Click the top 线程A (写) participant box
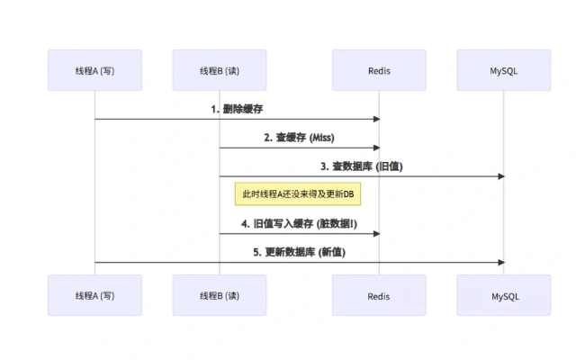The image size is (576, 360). click(x=94, y=69)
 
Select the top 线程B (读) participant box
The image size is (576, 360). click(x=220, y=69)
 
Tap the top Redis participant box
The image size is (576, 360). click(x=379, y=69)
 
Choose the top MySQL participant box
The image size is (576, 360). click(x=504, y=69)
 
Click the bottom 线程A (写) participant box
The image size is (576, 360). click(x=94, y=295)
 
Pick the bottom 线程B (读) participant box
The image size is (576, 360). click(x=220, y=295)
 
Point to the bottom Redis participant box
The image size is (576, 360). click(x=379, y=295)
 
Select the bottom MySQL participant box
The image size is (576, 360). click(x=504, y=295)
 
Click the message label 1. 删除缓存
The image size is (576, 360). click(x=237, y=109)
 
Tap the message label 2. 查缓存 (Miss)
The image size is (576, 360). click(x=298, y=138)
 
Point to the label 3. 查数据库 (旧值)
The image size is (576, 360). click(x=362, y=166)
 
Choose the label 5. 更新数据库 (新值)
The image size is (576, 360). click(x=299, y=252)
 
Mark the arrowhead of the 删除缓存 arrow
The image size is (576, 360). click(x=376, y=119)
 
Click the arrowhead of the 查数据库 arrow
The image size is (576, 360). click(x=501, y=176)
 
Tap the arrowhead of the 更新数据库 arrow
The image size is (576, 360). click(x=501, y=262)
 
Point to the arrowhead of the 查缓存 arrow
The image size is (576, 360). click(x=376, y=148)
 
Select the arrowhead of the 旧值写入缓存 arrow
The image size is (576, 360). click(x=376, y=234)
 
